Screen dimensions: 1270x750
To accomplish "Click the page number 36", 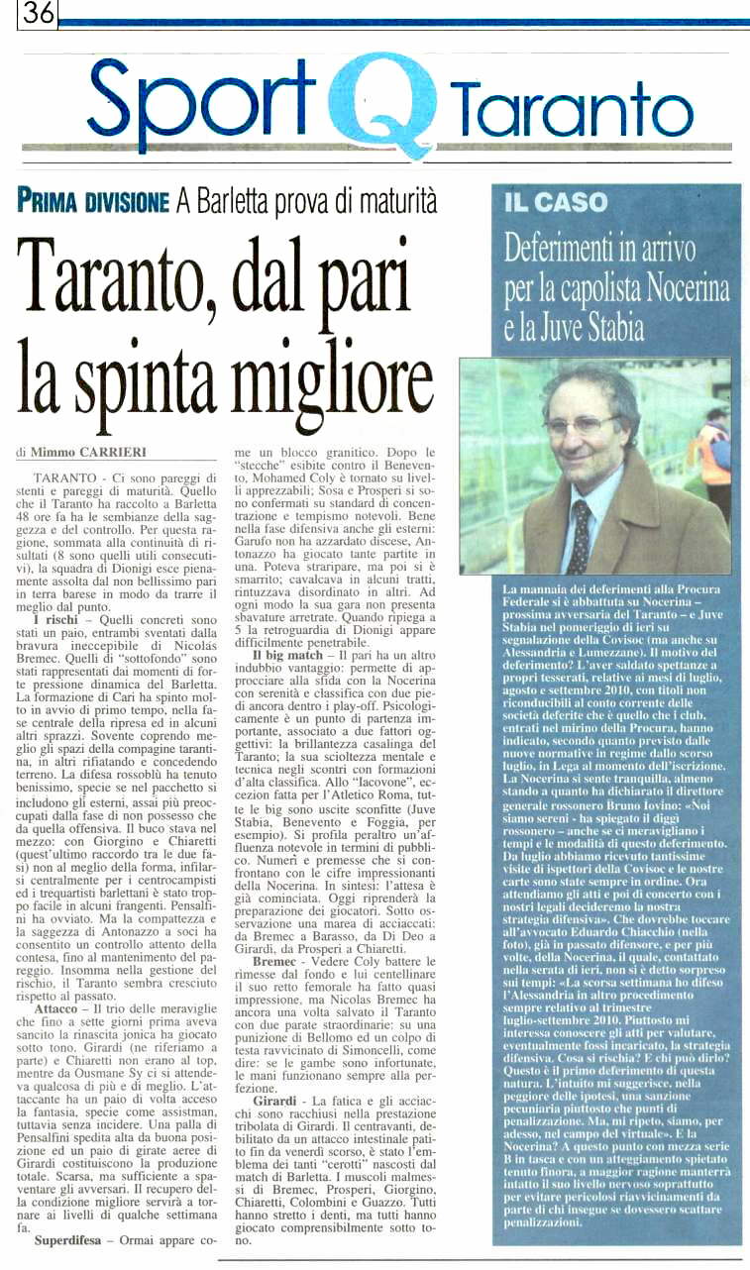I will point(38,13).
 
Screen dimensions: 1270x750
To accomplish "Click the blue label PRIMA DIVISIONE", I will point(93,202).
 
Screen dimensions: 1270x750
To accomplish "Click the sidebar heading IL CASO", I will point(556,203).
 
